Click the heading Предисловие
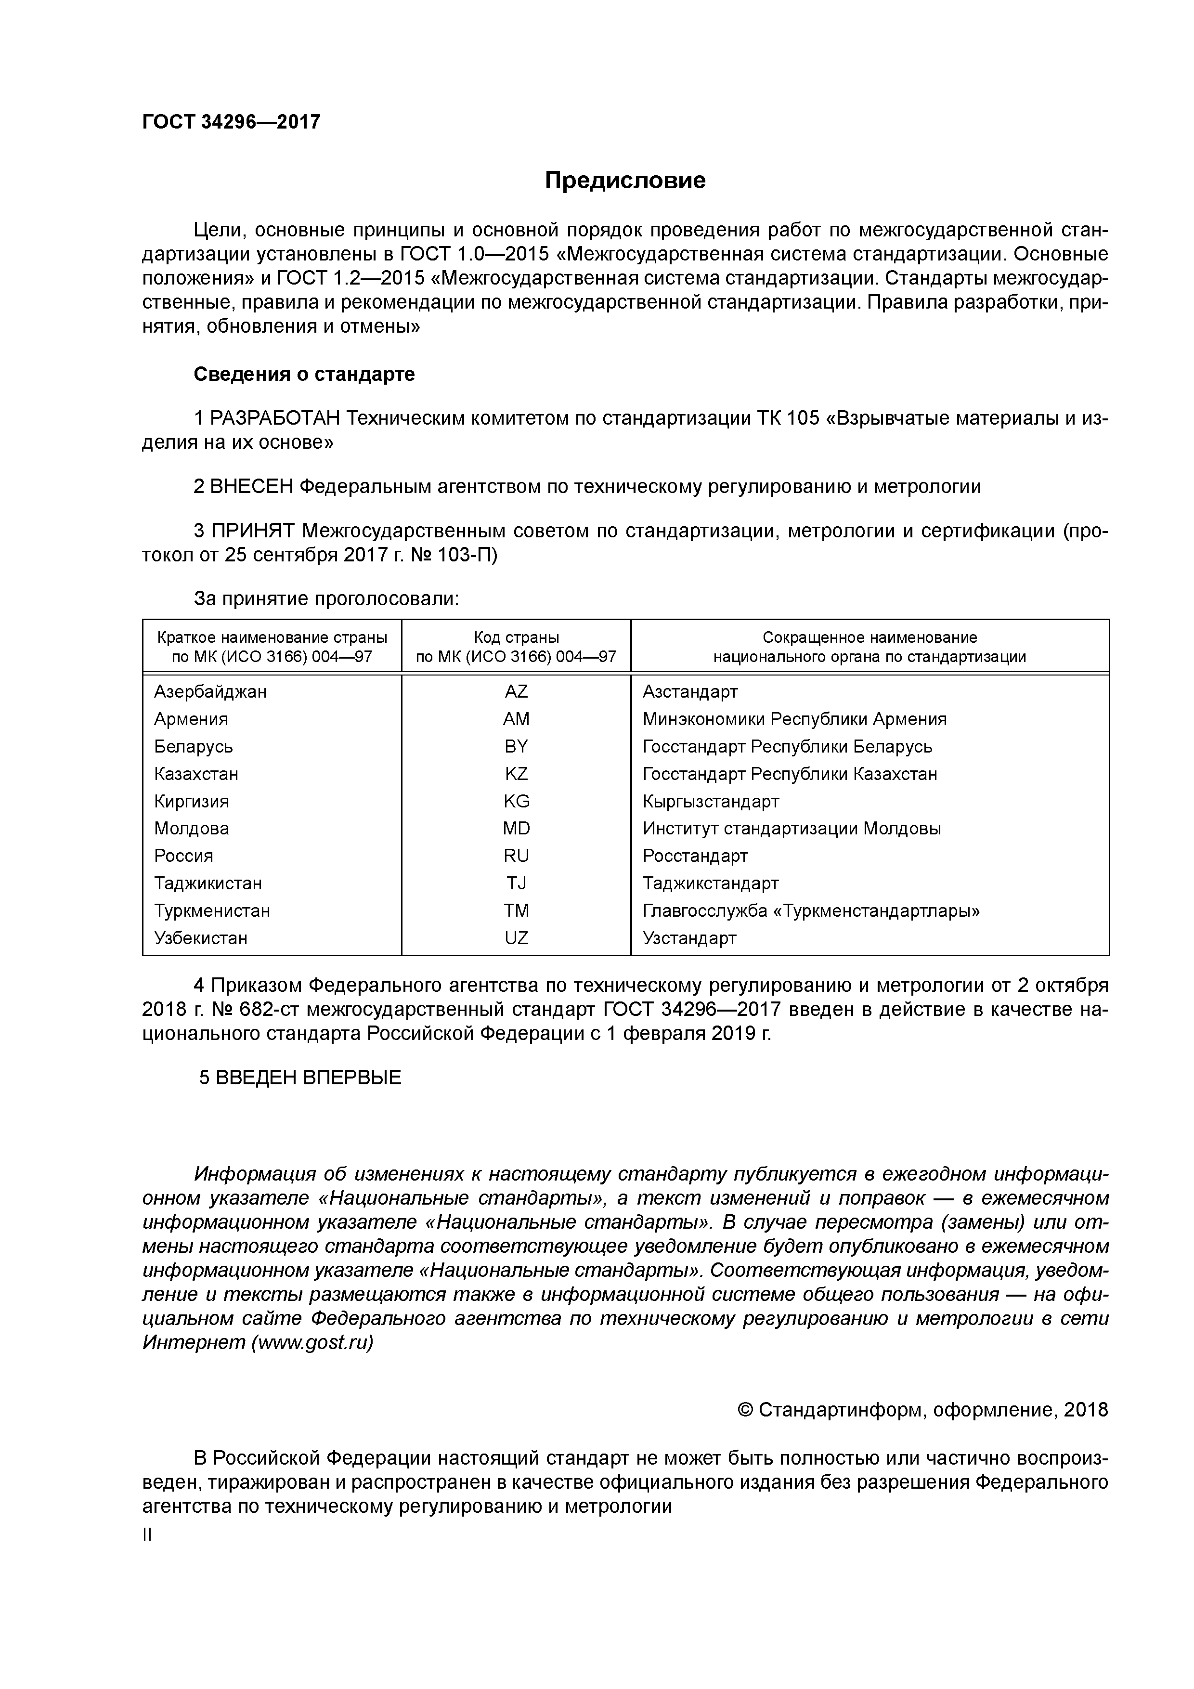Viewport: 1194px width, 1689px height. (x=624, y=180)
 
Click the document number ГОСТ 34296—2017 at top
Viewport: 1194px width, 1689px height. (x=231, y=122)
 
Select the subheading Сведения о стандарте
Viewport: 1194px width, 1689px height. (x=304, y=375)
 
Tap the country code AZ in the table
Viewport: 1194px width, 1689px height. (x=516, y=691)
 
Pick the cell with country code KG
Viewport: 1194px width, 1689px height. (x=516, y=801)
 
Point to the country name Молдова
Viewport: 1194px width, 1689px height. (x=191, y=828)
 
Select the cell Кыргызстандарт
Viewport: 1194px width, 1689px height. (x=710, y=801)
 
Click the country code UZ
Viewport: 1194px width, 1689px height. (x=516, y=938)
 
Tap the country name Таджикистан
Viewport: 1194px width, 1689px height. (x=208, y=883)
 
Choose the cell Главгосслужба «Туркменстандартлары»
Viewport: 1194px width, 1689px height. (x=811, y=911)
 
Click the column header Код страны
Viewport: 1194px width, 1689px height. (x=516, y=637)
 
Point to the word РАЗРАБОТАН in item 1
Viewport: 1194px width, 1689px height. (x=275, y=418)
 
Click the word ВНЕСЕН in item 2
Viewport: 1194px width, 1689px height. (x=252, y=486)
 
